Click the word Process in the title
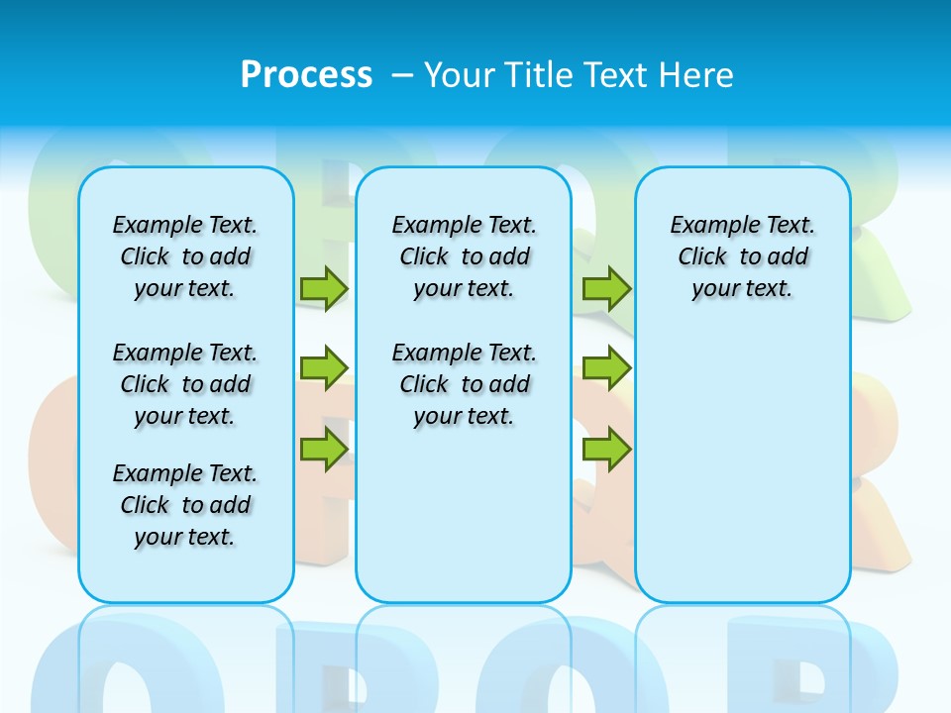(306, 75)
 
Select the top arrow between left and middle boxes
(324, 288)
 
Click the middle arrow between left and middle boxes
(324, 368)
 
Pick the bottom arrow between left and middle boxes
(324, 451)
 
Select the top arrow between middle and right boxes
(606, 288)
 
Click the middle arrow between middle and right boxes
(606, 368)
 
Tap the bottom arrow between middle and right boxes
(606, 451)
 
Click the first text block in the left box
(185, 256)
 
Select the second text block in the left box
(185, 384)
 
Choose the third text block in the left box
(185, 505)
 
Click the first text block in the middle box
(465, 256)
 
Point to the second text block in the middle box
(465, 384)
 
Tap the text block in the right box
(743, 256)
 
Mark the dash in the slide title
(402, 75)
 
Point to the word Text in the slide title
(619, 75)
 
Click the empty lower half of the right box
(743, 475)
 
